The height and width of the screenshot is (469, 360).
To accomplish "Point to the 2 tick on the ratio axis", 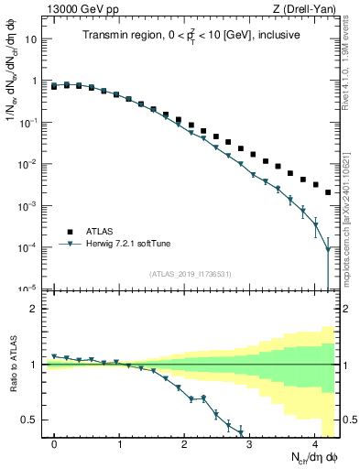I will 33,309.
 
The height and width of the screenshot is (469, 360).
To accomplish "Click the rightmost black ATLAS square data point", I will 328,192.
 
